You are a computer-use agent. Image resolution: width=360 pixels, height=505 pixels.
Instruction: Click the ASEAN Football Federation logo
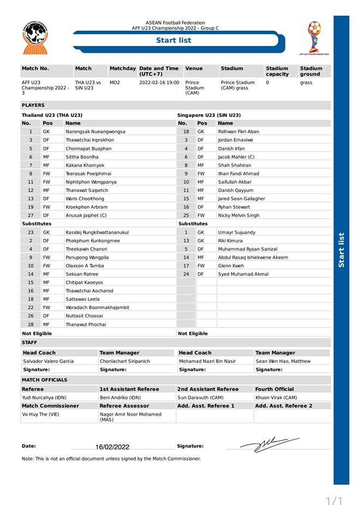(35, 37)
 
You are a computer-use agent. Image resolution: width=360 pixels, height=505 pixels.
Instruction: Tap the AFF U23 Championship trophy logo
(314, 37)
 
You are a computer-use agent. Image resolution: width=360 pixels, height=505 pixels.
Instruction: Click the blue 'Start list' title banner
(173, 40)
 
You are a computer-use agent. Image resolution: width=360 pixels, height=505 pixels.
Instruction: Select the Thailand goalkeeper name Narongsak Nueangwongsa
(95, 132)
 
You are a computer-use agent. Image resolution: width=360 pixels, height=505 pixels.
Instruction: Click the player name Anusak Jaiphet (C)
(86, 215)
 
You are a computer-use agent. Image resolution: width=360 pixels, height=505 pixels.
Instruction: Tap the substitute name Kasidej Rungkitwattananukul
(97, 232)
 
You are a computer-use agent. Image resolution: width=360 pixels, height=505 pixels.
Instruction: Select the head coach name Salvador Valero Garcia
(48, 361)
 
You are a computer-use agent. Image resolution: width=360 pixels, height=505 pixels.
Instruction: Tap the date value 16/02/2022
(112, 447)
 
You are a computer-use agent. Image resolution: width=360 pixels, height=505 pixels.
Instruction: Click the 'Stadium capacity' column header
(277, 71)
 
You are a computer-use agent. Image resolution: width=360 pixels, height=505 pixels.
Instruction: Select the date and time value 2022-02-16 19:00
(159, 82)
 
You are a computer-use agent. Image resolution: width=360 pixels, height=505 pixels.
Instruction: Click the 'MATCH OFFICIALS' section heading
(45, 379)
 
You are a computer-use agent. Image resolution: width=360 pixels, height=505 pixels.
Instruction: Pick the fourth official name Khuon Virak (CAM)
(276, 397)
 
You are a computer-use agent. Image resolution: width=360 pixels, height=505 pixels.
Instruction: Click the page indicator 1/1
(334, 500)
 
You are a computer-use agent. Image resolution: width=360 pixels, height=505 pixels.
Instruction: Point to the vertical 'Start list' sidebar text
(341, 250)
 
